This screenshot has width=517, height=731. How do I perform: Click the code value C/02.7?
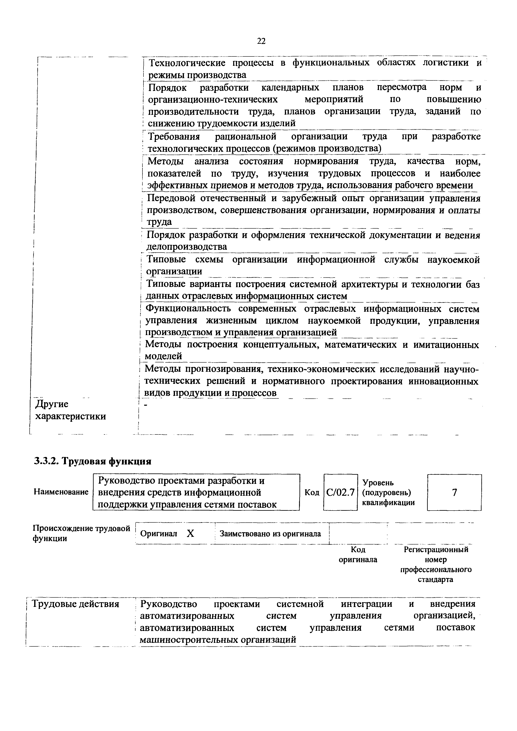(340, 493)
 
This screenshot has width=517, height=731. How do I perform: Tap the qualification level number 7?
(455, 493)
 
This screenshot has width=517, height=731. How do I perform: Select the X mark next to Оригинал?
(190, 534)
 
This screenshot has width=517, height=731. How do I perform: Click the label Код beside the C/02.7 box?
(312, 493)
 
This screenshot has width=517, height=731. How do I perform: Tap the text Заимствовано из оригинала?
(270, 534)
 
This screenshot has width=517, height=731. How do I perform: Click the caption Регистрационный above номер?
(436, 550)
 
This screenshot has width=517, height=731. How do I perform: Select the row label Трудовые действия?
(77, 604)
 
